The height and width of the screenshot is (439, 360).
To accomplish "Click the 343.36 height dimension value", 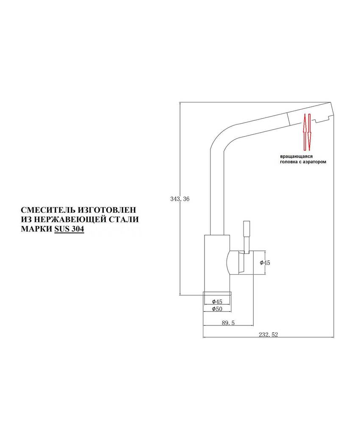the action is (180, 199).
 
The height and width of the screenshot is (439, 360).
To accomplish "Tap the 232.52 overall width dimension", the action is (268, 335).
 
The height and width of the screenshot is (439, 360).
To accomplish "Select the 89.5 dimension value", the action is (228, 323).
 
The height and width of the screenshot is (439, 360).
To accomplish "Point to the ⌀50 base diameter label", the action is (217, 309).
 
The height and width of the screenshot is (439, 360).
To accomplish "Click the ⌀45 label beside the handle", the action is (265, 263).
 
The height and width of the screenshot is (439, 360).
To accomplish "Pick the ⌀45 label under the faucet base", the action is (217, 302).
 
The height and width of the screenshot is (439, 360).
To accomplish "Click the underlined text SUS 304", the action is (69, 229).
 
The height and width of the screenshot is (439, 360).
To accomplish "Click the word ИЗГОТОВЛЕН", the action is (107, 210).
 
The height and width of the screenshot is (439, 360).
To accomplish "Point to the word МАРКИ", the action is (36, 229).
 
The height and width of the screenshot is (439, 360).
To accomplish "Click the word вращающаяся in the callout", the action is (296, 156).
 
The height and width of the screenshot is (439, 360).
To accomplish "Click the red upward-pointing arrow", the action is (303, 131).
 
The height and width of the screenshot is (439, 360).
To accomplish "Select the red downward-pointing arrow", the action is (309, 132).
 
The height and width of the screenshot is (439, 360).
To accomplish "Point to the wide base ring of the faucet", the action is (217, 293).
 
